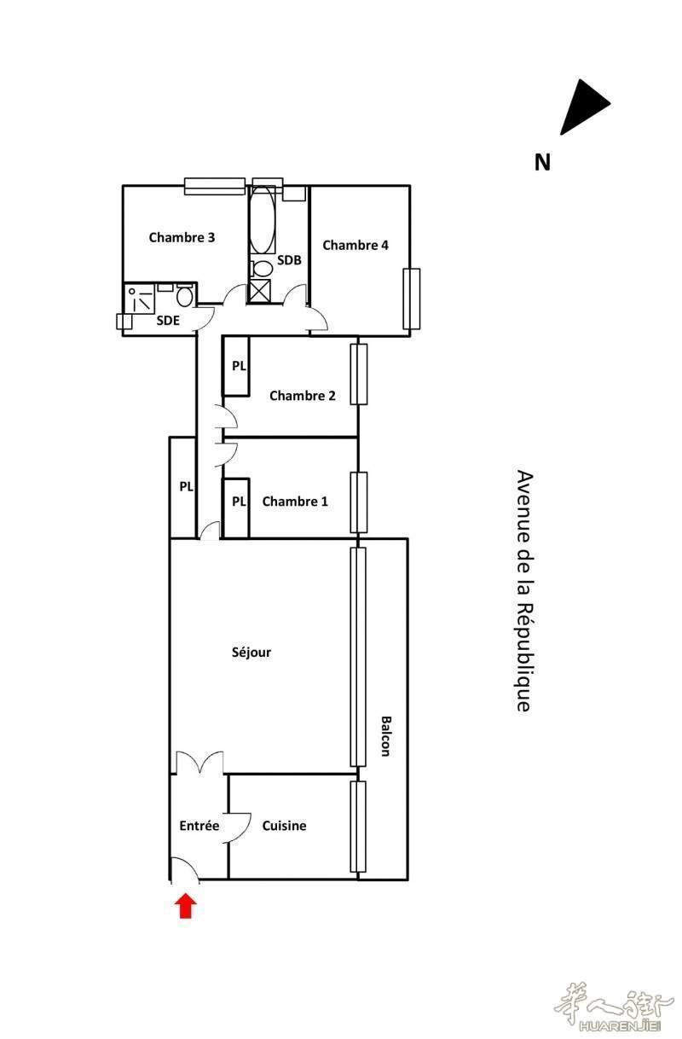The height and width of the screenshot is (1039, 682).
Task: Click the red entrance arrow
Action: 186,906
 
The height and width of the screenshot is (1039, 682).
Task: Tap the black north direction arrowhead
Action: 584,107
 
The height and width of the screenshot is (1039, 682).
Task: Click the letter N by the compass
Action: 542,162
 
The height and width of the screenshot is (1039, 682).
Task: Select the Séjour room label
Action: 251,653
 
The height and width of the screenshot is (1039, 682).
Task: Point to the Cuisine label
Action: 284,826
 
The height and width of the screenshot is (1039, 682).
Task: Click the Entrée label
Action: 199,826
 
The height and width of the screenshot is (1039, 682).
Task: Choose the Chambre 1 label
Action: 295,502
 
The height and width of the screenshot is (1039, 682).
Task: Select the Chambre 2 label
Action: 303,396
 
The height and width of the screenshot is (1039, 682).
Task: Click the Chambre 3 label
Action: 182,237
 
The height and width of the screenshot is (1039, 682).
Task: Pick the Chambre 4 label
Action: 355,245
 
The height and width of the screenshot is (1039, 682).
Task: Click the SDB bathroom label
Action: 289,260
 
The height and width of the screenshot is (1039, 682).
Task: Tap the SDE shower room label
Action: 168,321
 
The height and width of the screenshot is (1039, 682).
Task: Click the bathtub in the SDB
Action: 263,219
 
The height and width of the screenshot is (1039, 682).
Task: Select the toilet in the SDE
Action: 185,295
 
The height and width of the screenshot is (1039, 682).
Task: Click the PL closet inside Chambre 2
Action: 236,366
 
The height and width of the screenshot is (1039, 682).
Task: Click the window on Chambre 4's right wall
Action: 411,299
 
